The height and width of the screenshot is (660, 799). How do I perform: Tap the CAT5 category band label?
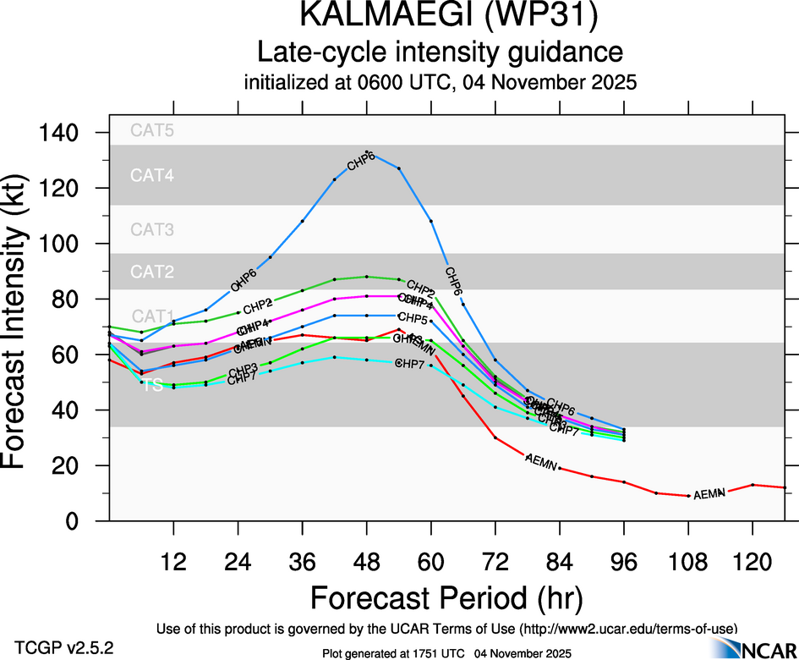(151, 130)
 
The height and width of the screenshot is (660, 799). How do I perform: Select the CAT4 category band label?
(151, 176)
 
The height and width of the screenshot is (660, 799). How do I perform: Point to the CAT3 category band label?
(151, 229)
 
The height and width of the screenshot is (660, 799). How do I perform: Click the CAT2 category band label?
(151, 272)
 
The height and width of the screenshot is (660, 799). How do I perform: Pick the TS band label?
(152, 385)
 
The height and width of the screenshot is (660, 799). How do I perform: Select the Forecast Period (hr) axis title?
(446, 598)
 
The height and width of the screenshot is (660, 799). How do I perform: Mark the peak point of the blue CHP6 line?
(367, 152)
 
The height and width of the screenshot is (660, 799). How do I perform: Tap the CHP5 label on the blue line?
(412, 319)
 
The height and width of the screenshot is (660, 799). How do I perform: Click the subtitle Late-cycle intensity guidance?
(440, 52)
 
